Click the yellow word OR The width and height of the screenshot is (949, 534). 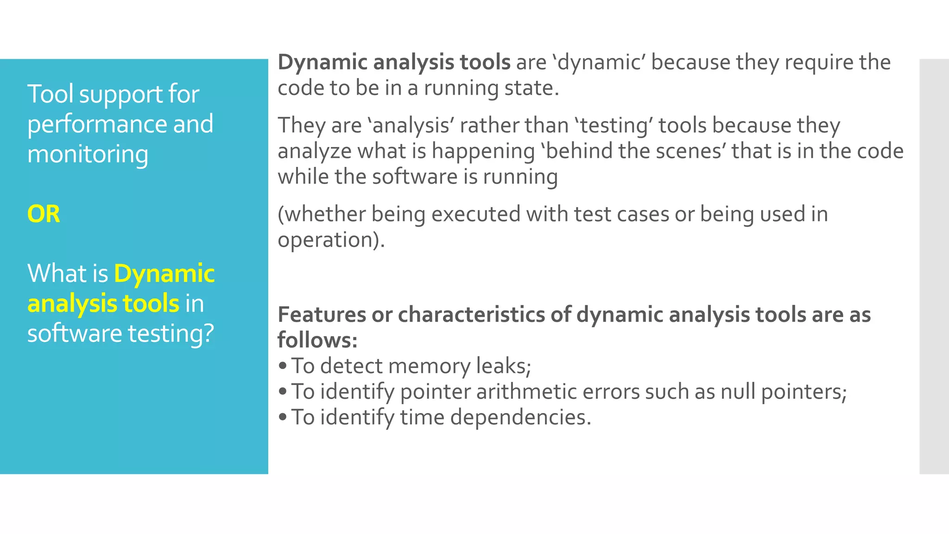pos(44,214)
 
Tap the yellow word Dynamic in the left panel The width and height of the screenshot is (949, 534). pos(164,273)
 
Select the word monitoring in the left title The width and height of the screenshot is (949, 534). pos(88,154)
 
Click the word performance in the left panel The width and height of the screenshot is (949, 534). pos(97,124)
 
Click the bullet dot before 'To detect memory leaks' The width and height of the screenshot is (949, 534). pos(283,366)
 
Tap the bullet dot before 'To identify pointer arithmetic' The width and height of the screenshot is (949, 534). pos(283,392)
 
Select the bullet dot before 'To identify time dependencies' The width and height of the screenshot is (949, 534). pos(283,417)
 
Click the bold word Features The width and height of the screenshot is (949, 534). pos(322,315)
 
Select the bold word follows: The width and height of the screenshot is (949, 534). pos(317,340)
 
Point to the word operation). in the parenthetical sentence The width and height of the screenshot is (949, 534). pos(331,240)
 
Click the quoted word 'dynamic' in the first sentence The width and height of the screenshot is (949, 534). pos(599,63)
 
